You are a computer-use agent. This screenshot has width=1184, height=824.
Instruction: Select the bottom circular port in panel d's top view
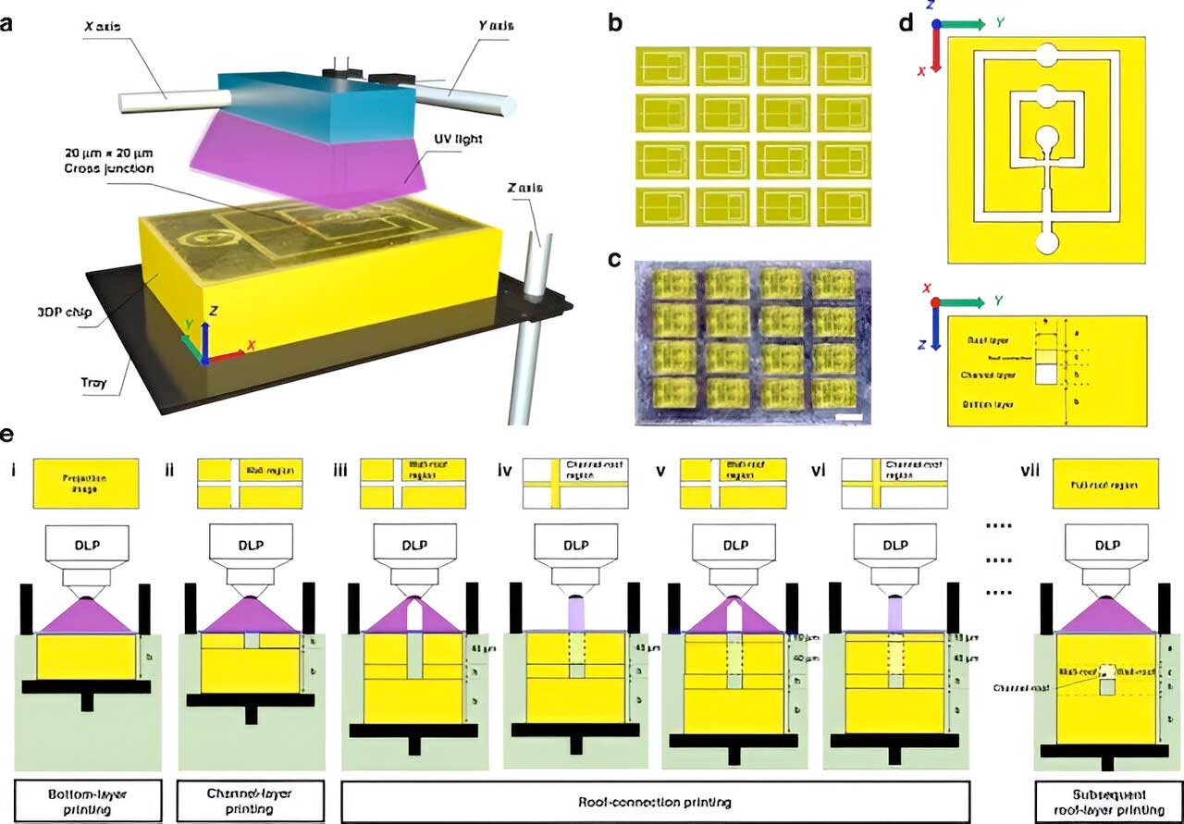pyautogui.click(x=1045, y=243)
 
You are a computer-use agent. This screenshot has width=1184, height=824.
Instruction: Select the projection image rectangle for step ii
pyautogui.click(x=250, y=485)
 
